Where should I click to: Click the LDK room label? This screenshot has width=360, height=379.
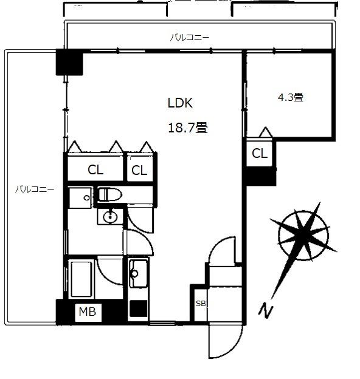[x=180, y=103]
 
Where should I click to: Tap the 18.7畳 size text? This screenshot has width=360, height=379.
[x=188, y=128]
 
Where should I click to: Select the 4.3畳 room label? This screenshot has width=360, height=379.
[x=290, y=97]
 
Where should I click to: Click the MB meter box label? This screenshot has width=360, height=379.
[x=88, y=312]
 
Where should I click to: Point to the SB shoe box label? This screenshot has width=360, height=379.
[x=201, y=303]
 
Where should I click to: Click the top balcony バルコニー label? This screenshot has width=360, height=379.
[x=190, y=38]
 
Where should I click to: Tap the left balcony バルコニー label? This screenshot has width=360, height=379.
[x=35, y=189]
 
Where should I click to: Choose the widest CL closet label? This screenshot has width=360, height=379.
[x=95, y=170]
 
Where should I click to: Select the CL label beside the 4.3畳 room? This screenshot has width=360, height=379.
[x=260, y=153]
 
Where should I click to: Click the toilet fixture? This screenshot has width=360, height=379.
[x=109, y=194]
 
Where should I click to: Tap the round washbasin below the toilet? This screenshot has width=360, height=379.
[x=110, y=217]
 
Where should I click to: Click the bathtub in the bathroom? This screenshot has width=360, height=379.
[x=81, y=279]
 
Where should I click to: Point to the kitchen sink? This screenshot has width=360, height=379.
[x=138, y=273]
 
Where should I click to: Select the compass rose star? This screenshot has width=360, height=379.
[x=303, y=235]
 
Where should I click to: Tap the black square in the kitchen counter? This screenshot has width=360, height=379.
[x=139, y=309]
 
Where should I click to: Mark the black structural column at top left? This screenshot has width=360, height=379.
[x=69, y=62]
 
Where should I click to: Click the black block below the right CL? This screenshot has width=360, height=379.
[x=261, y=177]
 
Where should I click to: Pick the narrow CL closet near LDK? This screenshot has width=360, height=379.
[x=139, y=171]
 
